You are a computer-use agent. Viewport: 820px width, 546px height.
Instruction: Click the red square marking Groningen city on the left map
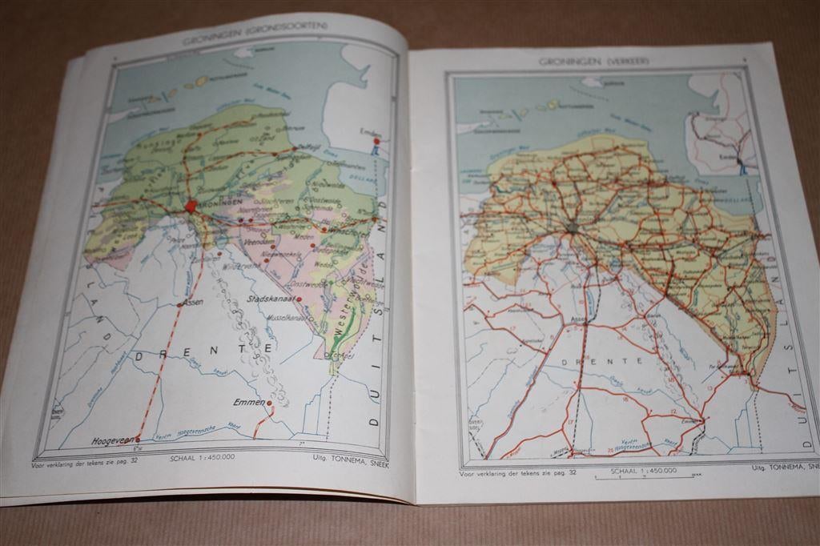tap(191, 206)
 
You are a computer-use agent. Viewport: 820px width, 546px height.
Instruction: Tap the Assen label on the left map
tap(194, 304)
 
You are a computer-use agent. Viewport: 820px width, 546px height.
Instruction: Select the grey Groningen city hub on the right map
tap(572, 228)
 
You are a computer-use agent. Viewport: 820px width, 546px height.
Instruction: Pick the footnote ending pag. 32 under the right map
tap(517, 474)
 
